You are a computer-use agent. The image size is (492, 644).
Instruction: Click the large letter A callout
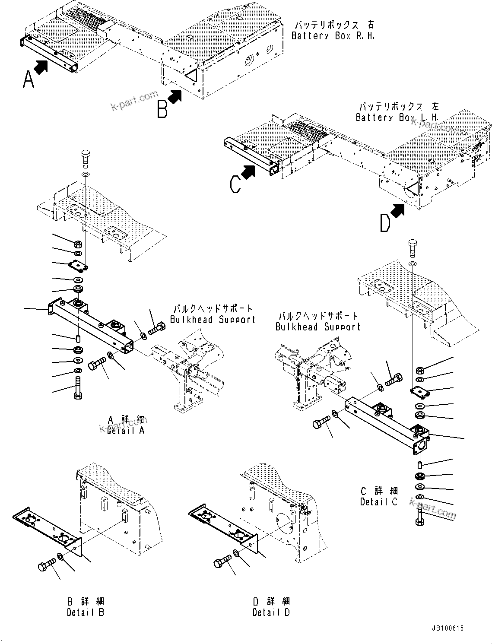(x=28, y=79)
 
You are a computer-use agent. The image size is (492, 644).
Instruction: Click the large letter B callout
(x=162, y=109)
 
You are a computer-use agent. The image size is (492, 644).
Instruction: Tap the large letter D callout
(x=385, y=223)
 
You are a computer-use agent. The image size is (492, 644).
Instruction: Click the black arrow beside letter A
(x=41, y=67)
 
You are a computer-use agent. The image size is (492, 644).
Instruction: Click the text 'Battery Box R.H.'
(x=333, y=36)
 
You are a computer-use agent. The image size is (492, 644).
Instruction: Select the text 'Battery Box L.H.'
(x=397, y=117)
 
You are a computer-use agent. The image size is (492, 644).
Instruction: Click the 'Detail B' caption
(x=86, y=612)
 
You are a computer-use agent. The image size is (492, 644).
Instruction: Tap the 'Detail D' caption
(x=271, y=612)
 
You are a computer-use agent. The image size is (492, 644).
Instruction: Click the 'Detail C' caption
(x=379, y=502)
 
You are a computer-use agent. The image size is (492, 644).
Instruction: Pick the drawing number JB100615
(x=447, y=628)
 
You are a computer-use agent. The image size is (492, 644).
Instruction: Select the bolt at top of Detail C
(x=413, y=247)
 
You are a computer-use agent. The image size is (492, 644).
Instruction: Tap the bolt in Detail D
(x=222, y=562)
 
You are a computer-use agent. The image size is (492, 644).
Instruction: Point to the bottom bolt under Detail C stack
(x=420, y=516)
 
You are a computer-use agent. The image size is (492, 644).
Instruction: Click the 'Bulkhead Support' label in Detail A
(x=213, y=320)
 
